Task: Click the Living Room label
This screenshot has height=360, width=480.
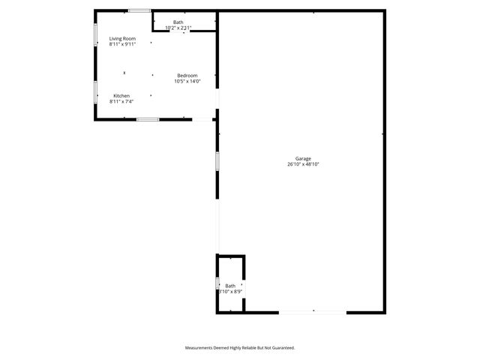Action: point(122,38)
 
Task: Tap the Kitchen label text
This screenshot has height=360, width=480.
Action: point(121,95)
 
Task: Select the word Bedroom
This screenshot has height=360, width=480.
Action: point(187,75)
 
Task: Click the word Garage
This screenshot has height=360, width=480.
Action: point(303,158)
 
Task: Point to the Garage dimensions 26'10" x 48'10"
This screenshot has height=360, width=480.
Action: point(303,164)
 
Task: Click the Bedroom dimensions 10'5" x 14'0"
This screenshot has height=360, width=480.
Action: point(187,81)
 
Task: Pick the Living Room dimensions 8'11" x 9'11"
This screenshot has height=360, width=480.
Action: point(122,44)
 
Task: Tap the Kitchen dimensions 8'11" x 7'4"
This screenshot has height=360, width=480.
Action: point(121,101)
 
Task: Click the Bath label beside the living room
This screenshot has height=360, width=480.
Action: point(178,22)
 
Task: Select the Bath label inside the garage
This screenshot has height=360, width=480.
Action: point(230,285)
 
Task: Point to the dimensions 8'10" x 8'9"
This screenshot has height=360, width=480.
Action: point(230,291)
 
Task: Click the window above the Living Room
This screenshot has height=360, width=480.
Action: point(138,10)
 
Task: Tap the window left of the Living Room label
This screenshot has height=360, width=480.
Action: point(95,35)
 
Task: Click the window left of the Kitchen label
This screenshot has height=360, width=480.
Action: point(95,91)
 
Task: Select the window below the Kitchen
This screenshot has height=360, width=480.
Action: point(147,119)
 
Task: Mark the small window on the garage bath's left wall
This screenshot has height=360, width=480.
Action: point(217,283)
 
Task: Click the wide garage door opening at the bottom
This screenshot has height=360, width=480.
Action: point(313,311)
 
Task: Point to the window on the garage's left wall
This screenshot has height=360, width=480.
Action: point(217,161)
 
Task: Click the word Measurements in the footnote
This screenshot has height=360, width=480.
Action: point(202,348)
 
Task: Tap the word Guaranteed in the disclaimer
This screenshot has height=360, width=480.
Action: point(281,348)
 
